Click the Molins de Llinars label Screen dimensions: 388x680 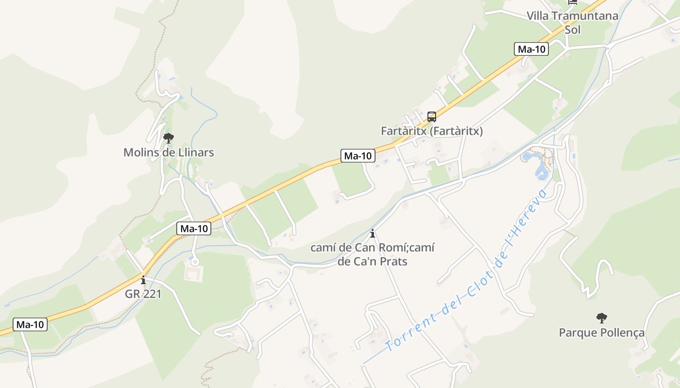pos(169,152)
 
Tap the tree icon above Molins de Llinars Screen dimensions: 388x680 pos(169,139)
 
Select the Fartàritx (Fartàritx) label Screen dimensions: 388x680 pos(431,131)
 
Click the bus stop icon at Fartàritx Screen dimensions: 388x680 pos(431,117)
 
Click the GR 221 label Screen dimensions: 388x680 pos(143,294)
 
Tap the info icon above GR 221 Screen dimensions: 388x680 pos(143,280)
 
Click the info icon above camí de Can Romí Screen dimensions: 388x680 pos(373,233)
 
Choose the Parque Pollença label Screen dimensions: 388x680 pos(601,333)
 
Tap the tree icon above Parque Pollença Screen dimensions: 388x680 pos(601,318)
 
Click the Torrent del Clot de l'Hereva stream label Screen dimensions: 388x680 pos(466,272)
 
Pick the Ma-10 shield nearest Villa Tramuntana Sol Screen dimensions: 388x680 pos(531,49)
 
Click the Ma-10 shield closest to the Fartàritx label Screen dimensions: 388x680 pos(358,156)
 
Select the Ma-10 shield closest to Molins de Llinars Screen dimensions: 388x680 pos(194,228)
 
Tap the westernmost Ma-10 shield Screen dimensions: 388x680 pos(30,324)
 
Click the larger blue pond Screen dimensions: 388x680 pos(541,171)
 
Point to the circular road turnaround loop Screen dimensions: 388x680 pos(195,262)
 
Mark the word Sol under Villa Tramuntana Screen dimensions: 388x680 pos(572,30)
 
